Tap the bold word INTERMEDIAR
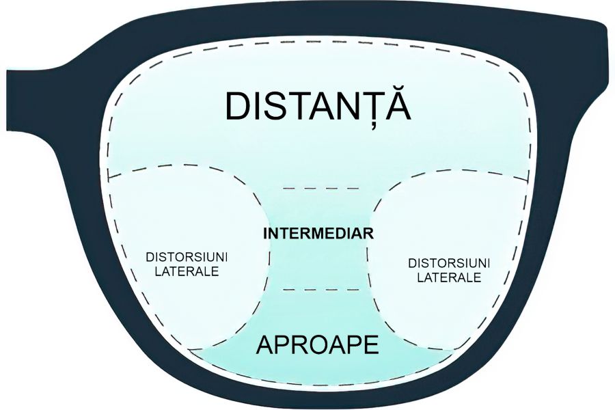(x=318, y=233)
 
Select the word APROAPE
(x=317, y=345)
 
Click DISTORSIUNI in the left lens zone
(x=187, y=257)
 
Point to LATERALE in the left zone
(x=187, y=271)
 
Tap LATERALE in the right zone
(x=449, y=277)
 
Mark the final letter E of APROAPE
(x=370, y=345)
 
